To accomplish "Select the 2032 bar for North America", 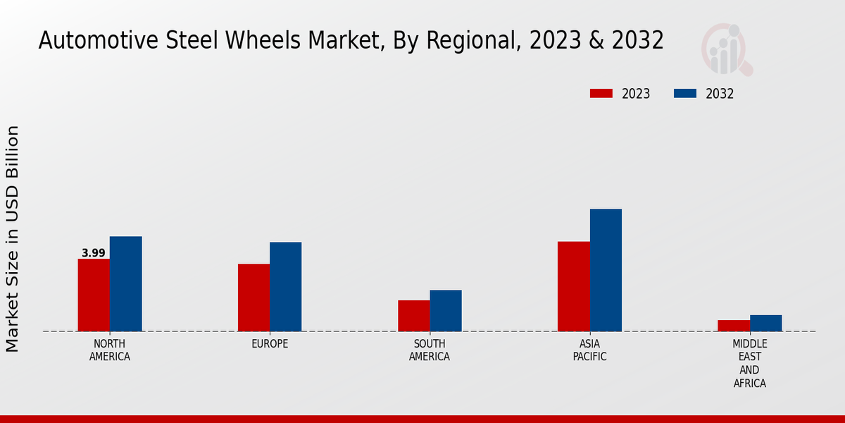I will click(x=125, y=283).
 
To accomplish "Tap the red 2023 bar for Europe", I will click(x=254, y=298).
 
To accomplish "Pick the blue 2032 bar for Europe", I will click(x=285, y=286).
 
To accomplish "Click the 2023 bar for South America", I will click(x=413, y=316).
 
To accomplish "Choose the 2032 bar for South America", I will click(x=446, y=310).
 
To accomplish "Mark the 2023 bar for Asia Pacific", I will click(x=573, y=286).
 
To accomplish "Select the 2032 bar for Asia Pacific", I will click(x=606, y=270).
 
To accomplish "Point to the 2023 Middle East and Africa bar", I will click(x=734, y=326).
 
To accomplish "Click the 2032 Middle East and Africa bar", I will click(x=765, y=323).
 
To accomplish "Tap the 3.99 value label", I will click(x=94, y=253).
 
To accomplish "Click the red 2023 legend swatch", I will click(x=601, y=94).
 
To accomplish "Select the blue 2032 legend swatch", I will click(x=685, y=94).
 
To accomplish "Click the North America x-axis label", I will click(x=110, y=350).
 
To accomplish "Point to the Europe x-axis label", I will click(x=270, y=344).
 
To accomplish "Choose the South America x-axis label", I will click(x=430, y=350).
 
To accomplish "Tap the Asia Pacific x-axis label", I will click(x=589, y=350).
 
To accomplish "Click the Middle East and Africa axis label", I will click(x=749, y=364).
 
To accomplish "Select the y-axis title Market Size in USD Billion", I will click(x=13, y=238).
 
